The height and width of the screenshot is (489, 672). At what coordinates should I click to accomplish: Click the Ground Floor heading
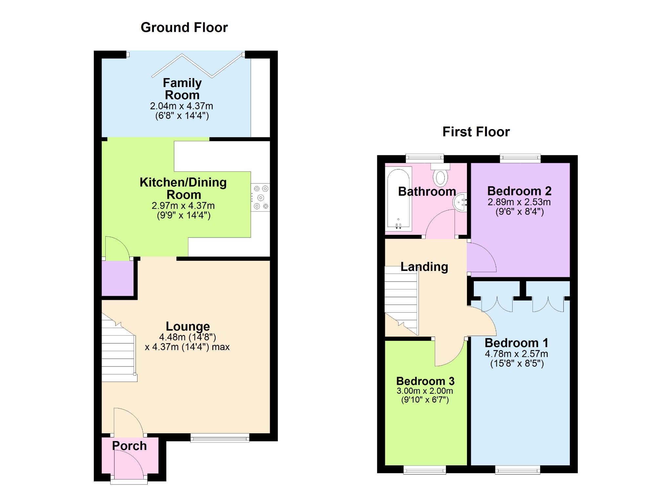coord(184,28)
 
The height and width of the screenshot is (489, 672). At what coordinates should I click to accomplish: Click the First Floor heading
coord(476,132)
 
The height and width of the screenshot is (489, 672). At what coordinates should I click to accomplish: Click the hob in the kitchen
coord(261,197)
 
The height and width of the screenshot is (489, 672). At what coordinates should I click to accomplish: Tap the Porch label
coord(129,446)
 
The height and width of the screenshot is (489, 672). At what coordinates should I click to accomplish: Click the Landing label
coord(424,267)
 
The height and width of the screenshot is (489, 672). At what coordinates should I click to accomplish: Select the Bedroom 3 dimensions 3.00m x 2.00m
coord(425,391)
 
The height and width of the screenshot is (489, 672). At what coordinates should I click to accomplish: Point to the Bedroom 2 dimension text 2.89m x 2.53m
coord(519,202)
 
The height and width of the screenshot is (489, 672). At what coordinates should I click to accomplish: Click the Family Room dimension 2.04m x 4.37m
coord(181,106)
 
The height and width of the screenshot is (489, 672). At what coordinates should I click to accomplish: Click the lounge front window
coord(220,438)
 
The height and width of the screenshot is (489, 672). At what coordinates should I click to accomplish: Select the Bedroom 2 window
coord(520,159)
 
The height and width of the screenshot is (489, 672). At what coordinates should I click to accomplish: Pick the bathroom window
coord(425,159)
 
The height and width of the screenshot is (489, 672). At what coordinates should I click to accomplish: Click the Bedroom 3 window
coord(425,470)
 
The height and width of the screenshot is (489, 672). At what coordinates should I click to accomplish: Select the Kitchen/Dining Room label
coord(183,189)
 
